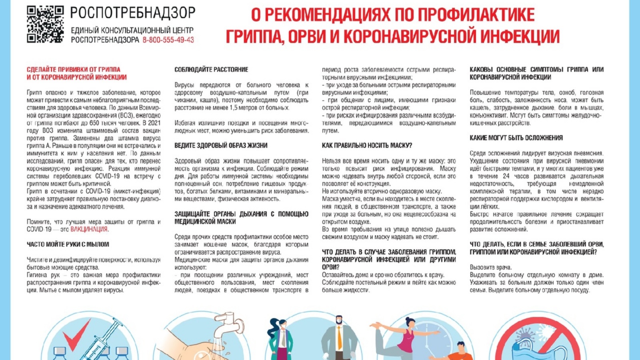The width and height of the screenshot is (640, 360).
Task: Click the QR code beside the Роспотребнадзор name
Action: (45, 24)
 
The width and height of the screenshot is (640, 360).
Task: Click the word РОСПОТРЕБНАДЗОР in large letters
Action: (133, 13)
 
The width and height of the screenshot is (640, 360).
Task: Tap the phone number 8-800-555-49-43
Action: (168, 40)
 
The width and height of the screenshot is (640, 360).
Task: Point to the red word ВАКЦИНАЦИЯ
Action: (89, 229)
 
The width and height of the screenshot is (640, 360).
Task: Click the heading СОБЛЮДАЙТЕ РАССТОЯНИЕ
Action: (211, 70)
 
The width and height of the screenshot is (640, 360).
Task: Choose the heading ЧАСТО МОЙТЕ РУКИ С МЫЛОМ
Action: (68, 244)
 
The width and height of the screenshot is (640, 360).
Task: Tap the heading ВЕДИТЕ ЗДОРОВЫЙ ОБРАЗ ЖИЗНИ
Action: (221, 146)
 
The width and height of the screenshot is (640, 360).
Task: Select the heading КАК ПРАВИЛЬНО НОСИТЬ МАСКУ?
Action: (367, 146)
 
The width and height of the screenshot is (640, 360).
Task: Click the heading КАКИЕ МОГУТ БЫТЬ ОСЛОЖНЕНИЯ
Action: (516, 138)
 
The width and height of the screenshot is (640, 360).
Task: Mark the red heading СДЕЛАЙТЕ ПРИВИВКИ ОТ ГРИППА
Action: (74, 70)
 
